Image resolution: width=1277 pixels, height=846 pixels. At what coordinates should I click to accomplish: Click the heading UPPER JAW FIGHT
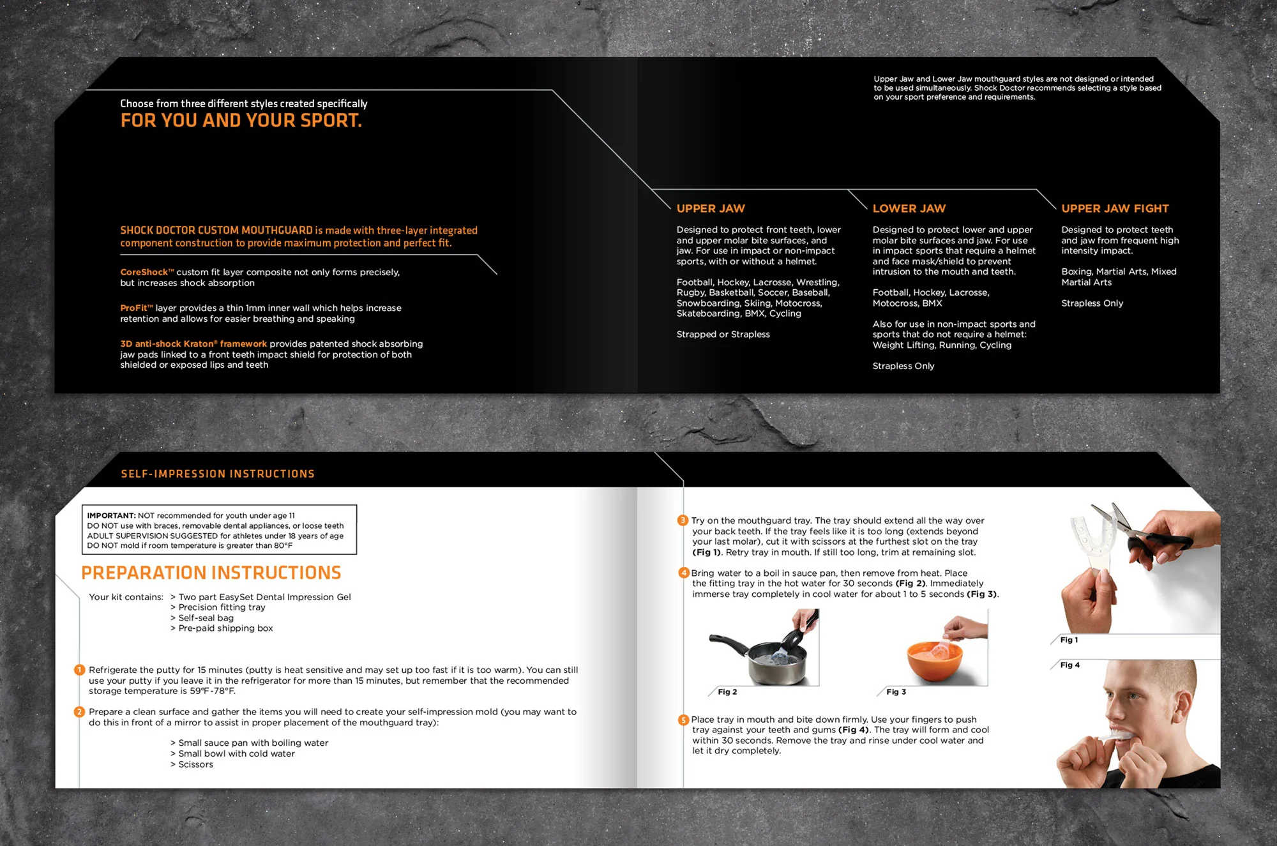pos(1115,209)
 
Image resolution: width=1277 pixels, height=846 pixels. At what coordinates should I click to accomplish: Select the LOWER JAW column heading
pos(909,209)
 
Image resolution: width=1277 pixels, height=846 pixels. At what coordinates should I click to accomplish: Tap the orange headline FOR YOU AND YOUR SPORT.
pos(241,121)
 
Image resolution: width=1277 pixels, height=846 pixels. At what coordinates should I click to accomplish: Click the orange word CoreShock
pos(144,273)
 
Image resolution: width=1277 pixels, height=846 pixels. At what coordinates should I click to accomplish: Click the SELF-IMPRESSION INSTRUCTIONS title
pos(218,474)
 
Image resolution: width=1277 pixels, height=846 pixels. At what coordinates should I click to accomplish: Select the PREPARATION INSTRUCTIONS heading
pos(211,573)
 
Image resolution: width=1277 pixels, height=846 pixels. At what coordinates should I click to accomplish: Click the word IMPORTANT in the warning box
pos(111,516)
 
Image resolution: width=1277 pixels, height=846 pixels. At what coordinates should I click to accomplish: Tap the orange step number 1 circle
pos(79,670)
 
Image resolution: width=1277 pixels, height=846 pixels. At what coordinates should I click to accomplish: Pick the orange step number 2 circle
pos(79,712)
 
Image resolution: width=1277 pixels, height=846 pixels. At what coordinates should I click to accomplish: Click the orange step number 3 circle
pos(683,520)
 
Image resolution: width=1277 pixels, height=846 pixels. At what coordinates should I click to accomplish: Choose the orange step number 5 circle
pos(683,720)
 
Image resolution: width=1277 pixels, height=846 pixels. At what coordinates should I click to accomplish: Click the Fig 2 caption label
pos(727,692)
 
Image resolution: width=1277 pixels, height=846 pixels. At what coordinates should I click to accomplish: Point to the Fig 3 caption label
pos(896,692)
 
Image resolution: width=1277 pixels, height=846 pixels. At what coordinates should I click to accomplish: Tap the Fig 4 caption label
pos(1069,665)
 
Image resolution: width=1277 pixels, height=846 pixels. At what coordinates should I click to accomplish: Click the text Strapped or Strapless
pos(723,335)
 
